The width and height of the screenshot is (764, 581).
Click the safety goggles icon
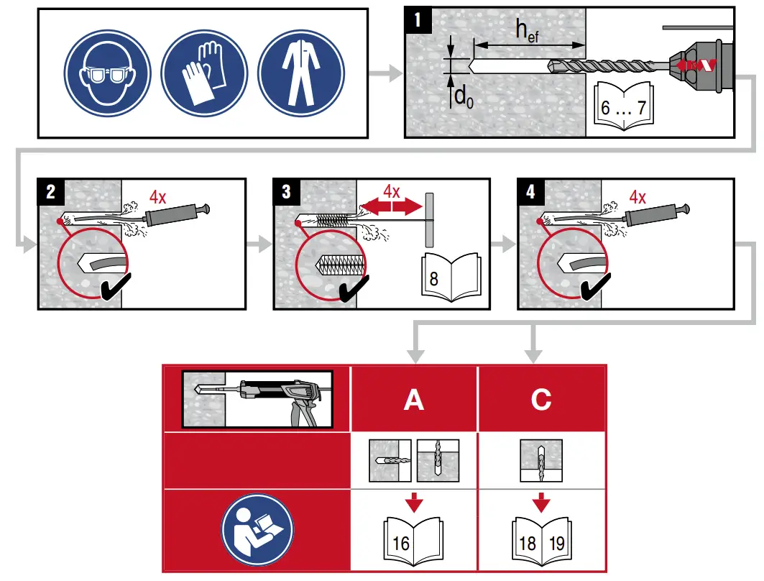pyautogui.click(x=108, y=74)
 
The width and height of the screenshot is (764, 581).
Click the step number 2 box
pyautogui.click(x=50, y=192)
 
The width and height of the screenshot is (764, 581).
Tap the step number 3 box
pyautogui.click(x=286, y=192)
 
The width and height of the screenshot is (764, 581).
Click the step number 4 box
pyautogui.click(x=530, y=192)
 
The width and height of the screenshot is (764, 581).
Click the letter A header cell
pyautogui.click(x=414, y=398)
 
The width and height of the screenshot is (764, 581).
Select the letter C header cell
pyautogui.click(x=540, y=398)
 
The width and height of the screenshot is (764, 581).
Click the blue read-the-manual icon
pyautogui.click(x=257, y=529)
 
